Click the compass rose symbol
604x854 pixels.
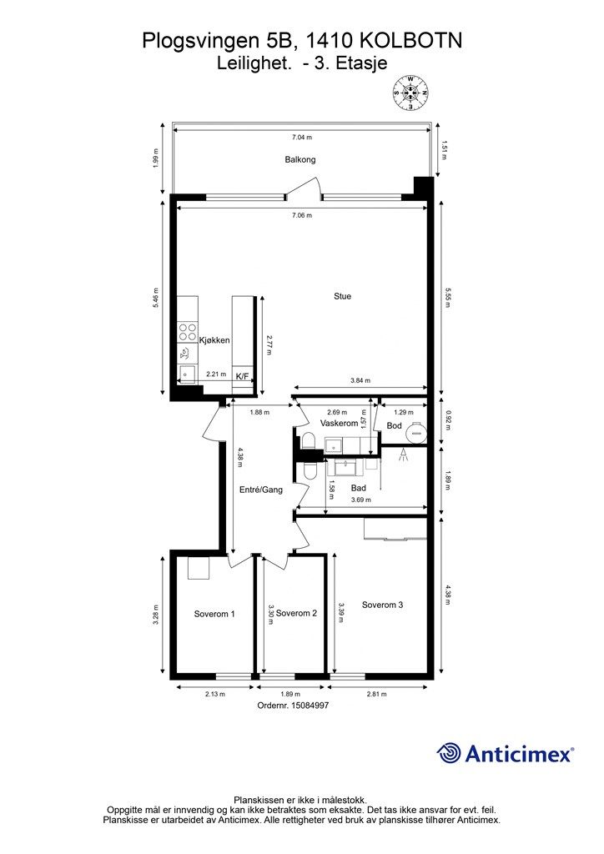pyautogui.click(x=410, y=93)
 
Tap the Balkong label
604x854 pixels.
pyautogui.click(x=300, y=159)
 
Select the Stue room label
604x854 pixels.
pyautogui.click(x=343, y=296)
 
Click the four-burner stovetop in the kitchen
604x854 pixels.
pyautogui.click(x=188, y=332)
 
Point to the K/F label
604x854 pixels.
pyautogui.click(x=242, y=376)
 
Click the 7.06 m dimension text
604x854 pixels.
pyautogui.click(x=302, y=215)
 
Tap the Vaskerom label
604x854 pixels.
pyautogui.click(x=340, y=423)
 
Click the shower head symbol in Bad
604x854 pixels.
pyautogui.click(x=403, y=455)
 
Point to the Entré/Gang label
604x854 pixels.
pyautogui.click(x=261, y=490)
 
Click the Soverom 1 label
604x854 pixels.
pyautogui.click(x=214, y=614)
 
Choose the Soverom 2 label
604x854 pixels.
pyautogui.click(x=296, y=613)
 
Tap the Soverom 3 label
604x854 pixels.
pyautogui.click(x=382, y=605)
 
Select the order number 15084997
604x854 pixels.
pyautogui.click(x=293, y=705)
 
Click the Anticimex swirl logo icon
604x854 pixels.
pyautogui.click(x=448, y=753)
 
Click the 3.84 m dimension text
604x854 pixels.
pyautogui.click(x=360, y=380)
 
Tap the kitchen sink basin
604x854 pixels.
pyautogui.click(x=188, y=374)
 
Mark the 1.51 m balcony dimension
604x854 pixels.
pyautogui.click(x=443, y=150)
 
